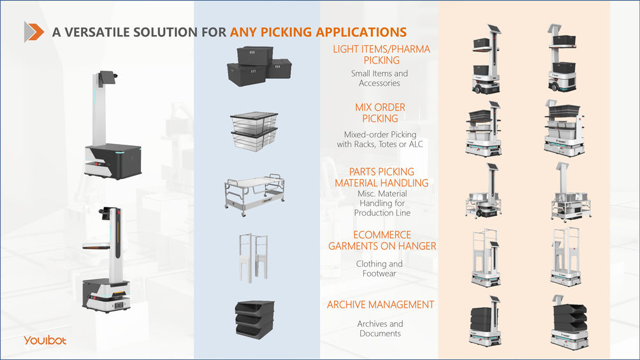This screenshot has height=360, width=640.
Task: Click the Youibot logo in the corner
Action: coord(45,340)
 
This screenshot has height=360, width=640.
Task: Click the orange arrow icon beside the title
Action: coord(34,31)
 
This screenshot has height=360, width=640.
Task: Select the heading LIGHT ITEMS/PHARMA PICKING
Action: coord(381,55)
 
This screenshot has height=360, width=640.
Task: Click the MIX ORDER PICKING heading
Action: coord(380,113)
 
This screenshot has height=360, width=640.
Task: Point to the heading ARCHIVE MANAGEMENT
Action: coord(381,305)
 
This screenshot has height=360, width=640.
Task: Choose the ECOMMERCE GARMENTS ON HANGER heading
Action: coord(382,240)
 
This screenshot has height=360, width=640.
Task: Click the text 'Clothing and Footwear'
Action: coord(379,268)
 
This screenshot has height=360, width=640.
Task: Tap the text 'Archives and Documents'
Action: coord(380,329)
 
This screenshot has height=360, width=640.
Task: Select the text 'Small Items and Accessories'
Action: coord(379,78)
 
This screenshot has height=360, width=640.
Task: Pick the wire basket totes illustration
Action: coord(253,131)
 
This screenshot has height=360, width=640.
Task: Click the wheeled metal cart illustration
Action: coord(253,191)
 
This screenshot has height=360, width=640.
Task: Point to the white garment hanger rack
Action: coord(253,257)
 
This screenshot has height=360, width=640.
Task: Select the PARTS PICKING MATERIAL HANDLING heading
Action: coord(381,177)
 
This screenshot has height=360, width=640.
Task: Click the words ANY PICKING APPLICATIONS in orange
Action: coord(318,32)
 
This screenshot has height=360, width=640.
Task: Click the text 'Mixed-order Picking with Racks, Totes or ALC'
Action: coord(380,140)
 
